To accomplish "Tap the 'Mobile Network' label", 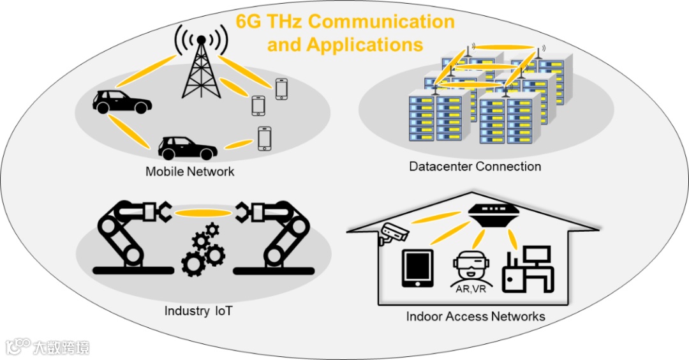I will click(x=189, y=171).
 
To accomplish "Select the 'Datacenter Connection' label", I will click(x=475, y=167).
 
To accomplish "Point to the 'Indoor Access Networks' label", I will click(x=475, y=316).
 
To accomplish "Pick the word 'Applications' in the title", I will click(x=365, y=45).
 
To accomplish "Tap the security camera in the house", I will click(x=393, y=234).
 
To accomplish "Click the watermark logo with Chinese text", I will click(x=47, y=347).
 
